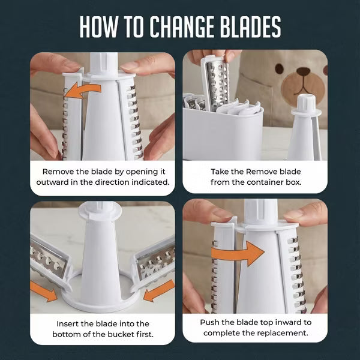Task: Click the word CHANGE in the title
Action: pyautogui.click(x=182, y=26)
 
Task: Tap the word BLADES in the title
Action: pyautogui.click(x=251, y=26)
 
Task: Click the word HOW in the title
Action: pyautogui.click(x=98, y=26)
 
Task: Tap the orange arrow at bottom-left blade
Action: pyautogui.click(x=44, y=292)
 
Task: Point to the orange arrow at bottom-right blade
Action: pyautogui.click(x=158, y=291)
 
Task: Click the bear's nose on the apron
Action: pyautogui.click(x=303, y=71)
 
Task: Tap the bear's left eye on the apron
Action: pyautogui.click(x=279, y=68)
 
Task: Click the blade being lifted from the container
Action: pyautogui.click(x=216, y=83)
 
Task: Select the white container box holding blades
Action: pyautogui.click(x=223, y=133)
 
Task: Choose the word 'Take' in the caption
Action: pyautogui.click(x=220, y=172)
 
